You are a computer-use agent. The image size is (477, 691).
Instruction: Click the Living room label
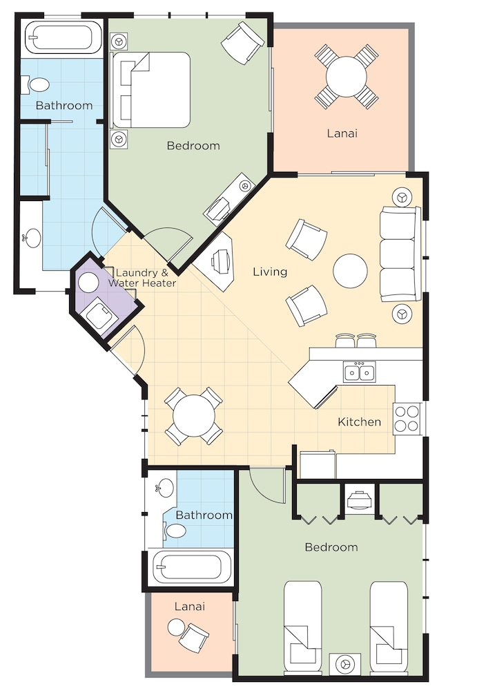coord(270,272)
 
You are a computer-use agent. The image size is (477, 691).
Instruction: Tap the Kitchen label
coord(360,422)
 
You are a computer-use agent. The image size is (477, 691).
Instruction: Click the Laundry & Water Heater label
coord(142,278)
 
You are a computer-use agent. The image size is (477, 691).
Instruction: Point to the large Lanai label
coord(342,133)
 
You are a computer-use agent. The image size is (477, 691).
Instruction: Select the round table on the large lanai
coord(347,77)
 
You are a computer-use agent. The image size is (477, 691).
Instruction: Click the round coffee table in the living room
coord(350,271)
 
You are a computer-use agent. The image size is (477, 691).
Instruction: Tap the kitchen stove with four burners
coord(407,419)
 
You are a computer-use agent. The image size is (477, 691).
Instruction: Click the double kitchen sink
coord(360,372)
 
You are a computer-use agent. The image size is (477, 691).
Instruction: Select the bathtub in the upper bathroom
coord(64,38)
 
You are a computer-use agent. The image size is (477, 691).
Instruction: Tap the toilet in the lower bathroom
coord(175,531)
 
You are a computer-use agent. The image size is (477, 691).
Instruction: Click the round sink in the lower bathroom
coord(166,488)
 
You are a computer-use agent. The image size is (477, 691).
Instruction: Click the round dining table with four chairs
coord(194,416)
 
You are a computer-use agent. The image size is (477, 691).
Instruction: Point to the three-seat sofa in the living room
coord(399,254)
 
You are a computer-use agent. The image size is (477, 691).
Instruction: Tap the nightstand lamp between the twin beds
coord(345,663)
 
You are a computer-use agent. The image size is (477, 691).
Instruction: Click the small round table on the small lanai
coord(176,627)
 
